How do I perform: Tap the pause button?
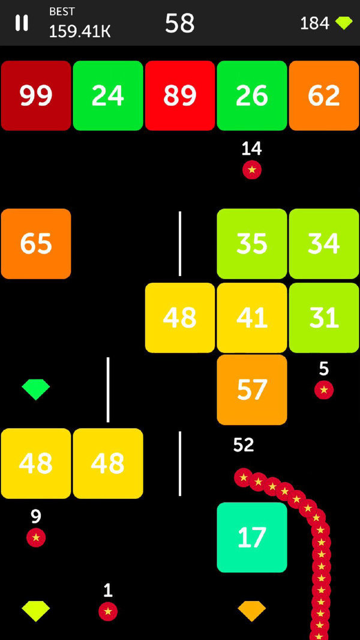click(x=22, y=23)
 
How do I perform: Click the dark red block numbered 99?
click(x=36, y=95)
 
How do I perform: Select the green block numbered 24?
click(x=108, y=95)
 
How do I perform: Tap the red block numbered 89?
click(x=180, y=95)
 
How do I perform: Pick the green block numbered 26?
click(x=252, y=95)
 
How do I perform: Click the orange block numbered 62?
click(x=324, y=95)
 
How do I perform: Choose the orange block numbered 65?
click(x=36, y=244)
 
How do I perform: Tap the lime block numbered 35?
click(x=252, y=244)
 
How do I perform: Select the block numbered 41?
click(x=252, y=318)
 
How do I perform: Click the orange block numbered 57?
click(x=252, y=390)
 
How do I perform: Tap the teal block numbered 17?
click(x=252, y=537)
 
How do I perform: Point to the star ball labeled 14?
click(x=252, y=170)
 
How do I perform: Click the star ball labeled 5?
click(x=324, y=390)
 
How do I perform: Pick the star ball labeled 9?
click(x=36, y=537)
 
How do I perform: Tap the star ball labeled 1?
click(x=108, y=611)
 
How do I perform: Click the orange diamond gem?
click(x=252, y=611)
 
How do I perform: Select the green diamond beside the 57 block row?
click(x=36, y=389)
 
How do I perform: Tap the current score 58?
click(x=180, y=23)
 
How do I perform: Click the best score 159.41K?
click(x=79, y=31)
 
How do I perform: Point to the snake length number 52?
click(x=244, y=445)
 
